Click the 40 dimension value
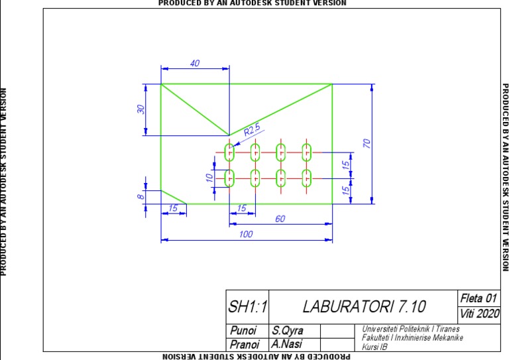195,63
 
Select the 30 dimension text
141,109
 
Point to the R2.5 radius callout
253,131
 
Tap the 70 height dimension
365,143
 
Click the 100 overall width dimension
246,234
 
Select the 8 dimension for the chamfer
141,197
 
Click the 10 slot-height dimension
209,178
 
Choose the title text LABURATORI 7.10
365,307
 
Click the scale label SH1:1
247,307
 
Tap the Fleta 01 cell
477,298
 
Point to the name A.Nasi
286,345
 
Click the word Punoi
243,330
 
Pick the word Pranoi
245,345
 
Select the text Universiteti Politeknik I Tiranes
411,329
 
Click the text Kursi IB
374,346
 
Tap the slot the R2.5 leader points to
230,152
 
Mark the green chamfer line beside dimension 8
174,197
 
